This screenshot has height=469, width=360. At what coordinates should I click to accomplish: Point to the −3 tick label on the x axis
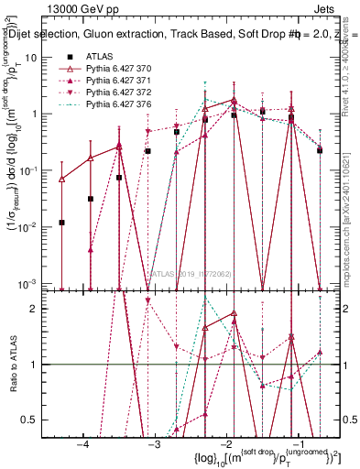click(155, 443)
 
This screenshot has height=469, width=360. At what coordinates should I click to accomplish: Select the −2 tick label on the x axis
click(226, 443)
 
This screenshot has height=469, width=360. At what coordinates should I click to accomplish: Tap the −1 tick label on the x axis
click(298, 443)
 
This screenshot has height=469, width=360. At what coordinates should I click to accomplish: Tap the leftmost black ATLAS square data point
click(61, 223)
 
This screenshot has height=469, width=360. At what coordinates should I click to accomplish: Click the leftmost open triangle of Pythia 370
click(61, 180)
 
